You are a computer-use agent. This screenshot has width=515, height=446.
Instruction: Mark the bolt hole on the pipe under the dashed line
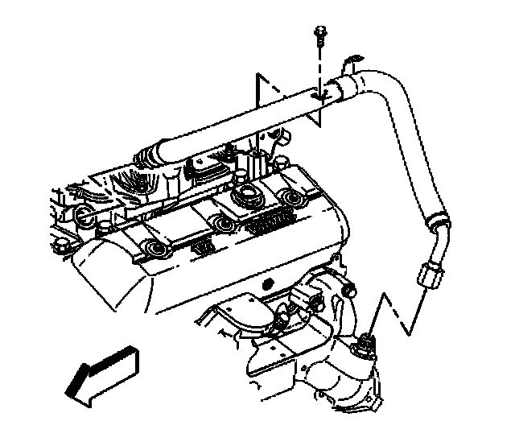click(319, 95)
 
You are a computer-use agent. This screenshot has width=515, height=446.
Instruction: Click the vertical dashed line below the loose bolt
click(320, 68)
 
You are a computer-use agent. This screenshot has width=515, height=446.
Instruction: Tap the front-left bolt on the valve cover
click(150, 250)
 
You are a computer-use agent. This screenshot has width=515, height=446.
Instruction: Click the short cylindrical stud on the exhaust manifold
click(349, 286)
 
